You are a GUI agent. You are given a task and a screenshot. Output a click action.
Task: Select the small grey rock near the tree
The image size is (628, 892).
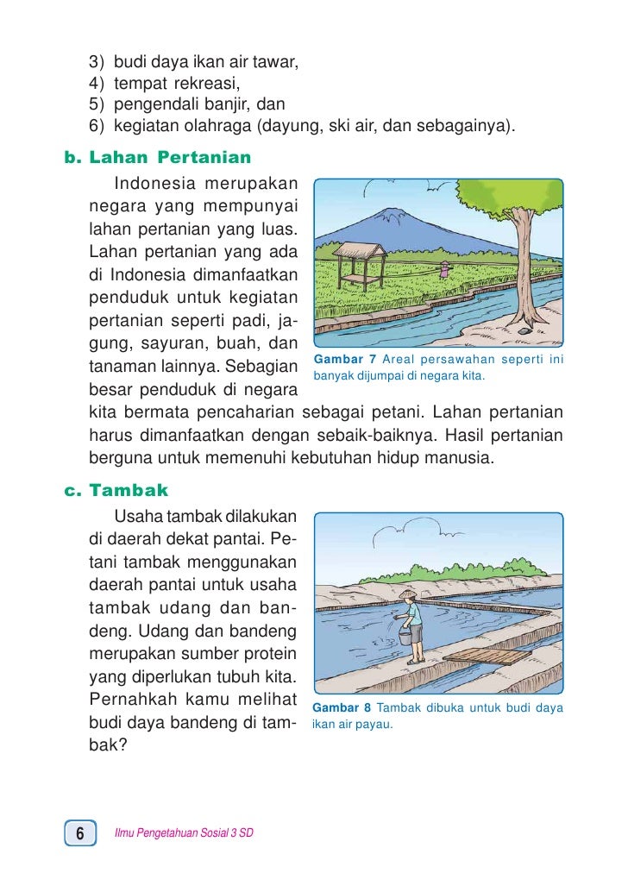pos(524,330)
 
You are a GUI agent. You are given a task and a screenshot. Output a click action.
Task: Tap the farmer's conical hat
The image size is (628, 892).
pos(409,595)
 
